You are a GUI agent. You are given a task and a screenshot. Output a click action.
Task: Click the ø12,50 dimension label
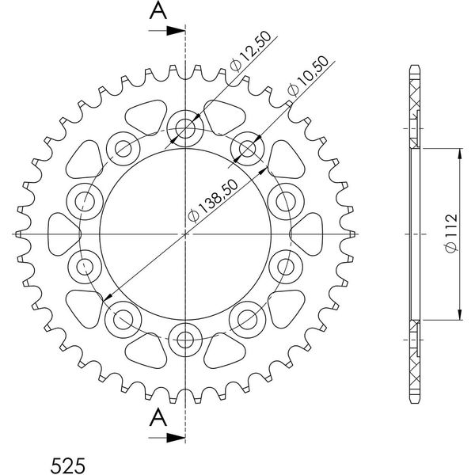point(250,51)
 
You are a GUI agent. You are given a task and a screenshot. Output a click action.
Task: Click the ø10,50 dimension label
point(308,76)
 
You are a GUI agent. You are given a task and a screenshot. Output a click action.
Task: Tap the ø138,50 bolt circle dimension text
point(213,201)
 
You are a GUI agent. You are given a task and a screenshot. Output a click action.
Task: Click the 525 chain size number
point(68,465)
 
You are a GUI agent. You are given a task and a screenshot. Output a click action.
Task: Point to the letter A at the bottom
point(158,417)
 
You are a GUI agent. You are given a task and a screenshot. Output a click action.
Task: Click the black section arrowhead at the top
point(176,31)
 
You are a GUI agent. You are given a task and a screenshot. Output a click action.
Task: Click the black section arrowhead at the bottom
point(176,438)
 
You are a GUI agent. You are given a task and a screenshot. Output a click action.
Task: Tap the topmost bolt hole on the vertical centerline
point(185,128)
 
